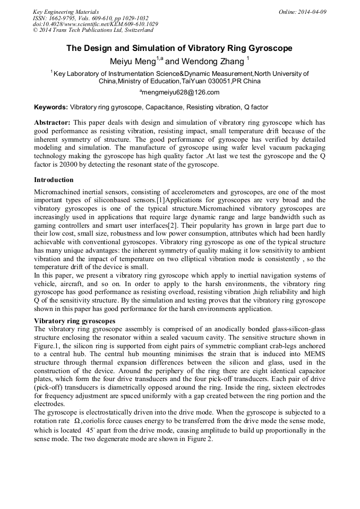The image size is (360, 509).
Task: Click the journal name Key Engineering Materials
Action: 66,11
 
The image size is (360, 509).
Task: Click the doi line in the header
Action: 95,24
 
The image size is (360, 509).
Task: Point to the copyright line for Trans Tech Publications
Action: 93,30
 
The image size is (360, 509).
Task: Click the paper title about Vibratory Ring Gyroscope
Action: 179,48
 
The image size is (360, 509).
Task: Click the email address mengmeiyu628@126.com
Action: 180,92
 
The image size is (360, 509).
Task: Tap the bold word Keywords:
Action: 51,107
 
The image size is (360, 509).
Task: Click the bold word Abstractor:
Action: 52,123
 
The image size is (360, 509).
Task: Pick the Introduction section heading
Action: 54,180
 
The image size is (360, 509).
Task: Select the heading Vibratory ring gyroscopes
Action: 74,321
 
